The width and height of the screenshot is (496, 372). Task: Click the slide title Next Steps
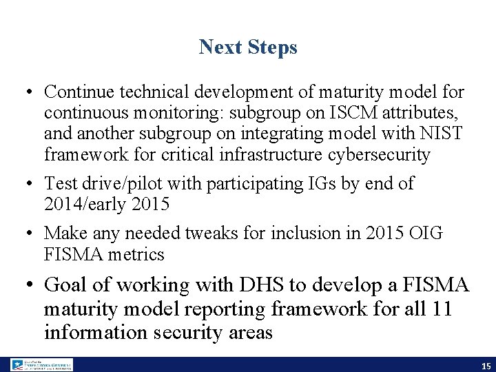click(248, 47)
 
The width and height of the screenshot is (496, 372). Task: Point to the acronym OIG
click(424, 234)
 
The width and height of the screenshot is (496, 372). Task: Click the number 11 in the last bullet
click(440, 309)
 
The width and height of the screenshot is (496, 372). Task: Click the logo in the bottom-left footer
click(41, 365)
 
